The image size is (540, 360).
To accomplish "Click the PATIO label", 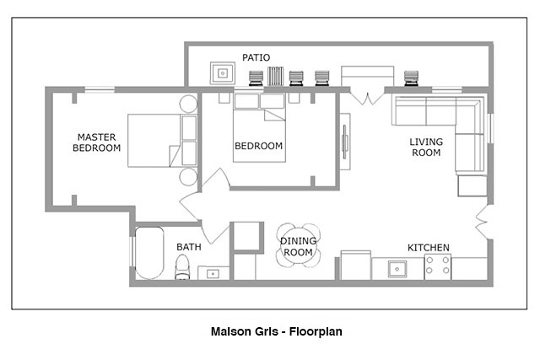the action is (x=256, y=57).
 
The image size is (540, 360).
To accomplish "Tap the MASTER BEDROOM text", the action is (x=96, y=142).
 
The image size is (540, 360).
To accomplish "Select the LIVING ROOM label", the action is (x=426, y=147).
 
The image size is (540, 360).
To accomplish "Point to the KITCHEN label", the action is (x=429, y=248).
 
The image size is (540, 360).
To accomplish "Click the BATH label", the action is (x=189, y=247).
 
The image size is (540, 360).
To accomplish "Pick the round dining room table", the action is (x=298, y=245).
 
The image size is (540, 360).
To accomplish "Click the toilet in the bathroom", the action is (x=182, y=267).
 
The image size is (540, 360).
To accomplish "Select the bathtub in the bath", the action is (x=149, y=253).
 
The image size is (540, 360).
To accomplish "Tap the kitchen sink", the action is (x=397, y=269).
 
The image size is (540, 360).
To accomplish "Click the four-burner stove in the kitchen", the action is (x=438, y=266).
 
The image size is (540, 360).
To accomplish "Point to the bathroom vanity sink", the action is (x=213, y=274).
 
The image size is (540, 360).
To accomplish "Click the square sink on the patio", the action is (x=223, y=73).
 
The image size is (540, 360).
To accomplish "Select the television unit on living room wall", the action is (x=345, y=142).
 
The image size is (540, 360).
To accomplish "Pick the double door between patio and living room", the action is (x=367, y=97).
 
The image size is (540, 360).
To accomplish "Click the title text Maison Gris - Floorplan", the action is (x=277, y=331).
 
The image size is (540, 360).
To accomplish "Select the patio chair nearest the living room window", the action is (x=411, y=78).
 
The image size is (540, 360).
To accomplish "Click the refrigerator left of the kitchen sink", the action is (x=356, y=265).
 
